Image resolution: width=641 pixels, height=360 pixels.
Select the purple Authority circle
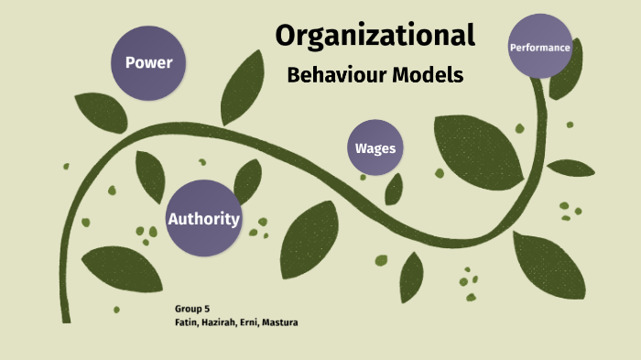click(x=203, y=218)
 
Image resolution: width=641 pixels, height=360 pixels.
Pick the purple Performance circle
click(x=540, y=47)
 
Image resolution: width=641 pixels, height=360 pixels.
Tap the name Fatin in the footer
click(x=186, y=322)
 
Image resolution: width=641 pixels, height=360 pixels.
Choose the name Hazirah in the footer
click(x=221, y=322)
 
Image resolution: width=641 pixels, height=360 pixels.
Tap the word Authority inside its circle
click(x=203, y=219)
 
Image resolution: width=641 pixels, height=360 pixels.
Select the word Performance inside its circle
click(x=540, y=47)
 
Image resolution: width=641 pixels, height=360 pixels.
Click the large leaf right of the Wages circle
click(x=476, y=147)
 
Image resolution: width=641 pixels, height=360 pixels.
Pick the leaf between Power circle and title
click(x=243, y=87)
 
